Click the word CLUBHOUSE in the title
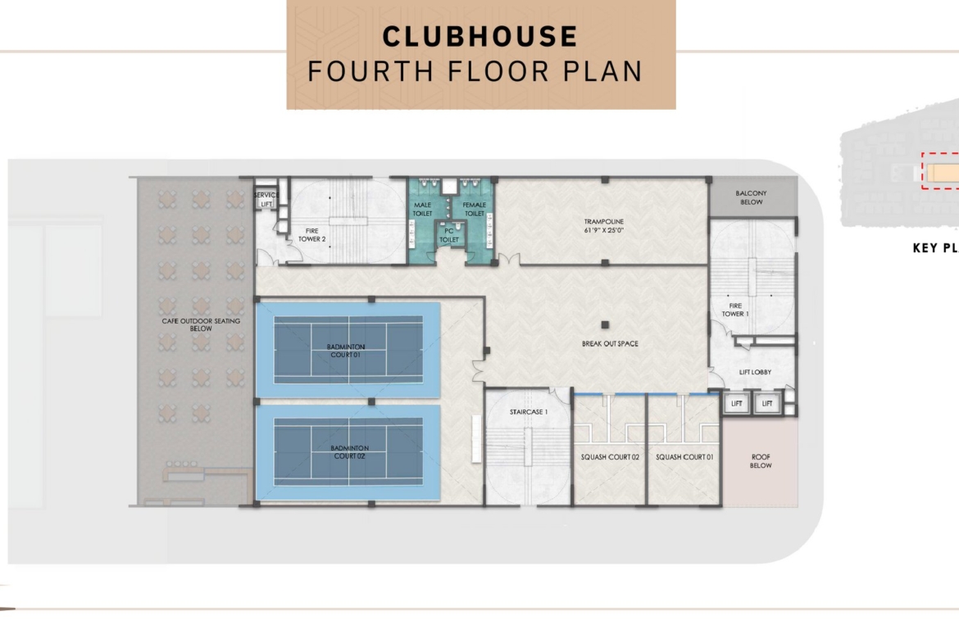[480, 36]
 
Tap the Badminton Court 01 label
[346, 351]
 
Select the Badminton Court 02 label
[349, 451]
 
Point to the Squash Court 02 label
[610, 456]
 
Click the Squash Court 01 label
[684, 456]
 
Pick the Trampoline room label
[603, 226]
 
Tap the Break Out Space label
[610, 343]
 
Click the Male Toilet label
[423, 209]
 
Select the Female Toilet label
[475, 209]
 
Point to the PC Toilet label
[449, 235]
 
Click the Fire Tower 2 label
[312, 235]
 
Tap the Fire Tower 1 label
[735, 310]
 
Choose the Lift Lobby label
[756, 372]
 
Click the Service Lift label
[266, 199]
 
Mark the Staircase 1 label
[529, 412]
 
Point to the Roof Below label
[761, 461]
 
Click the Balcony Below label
[751, 197]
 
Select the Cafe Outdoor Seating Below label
[201, 324]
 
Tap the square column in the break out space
[605, 325]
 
